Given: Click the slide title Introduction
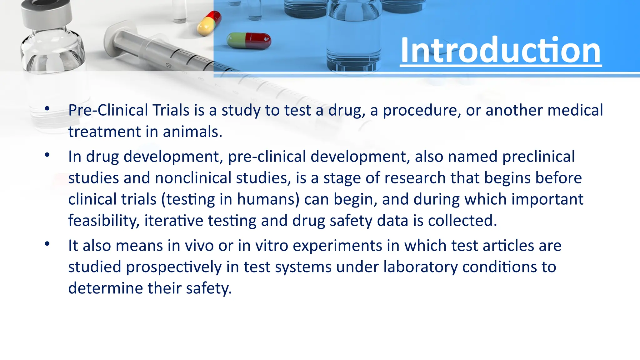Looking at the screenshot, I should coord(500,50).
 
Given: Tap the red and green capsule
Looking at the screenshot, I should coord(249,41).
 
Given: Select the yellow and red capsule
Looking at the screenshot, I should coord(209,23).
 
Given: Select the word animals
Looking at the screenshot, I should coord(192,132).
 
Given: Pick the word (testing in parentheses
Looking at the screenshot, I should coord(188,199).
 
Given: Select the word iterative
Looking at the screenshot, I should coord(173,221).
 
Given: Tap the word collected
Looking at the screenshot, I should coord(462,221).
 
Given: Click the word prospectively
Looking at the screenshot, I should coord(173,267).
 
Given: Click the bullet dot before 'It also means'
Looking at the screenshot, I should coord(47,244).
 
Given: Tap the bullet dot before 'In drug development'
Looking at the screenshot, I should coord(47,155).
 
